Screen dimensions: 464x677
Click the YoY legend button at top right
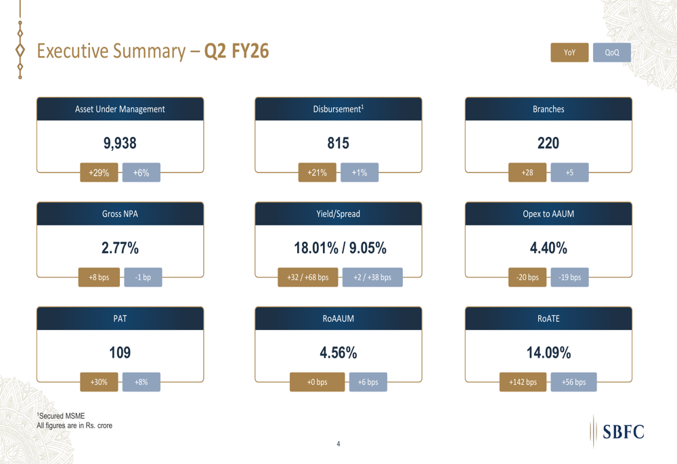[569, 53]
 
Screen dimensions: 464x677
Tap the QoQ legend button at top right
[611, 53]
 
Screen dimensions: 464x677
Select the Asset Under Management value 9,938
[120, 144]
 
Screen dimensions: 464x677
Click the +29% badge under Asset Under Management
[99, 173]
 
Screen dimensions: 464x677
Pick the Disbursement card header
[338, 109]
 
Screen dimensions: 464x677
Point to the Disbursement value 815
[338, 144]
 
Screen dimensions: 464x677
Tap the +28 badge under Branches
[527, 173]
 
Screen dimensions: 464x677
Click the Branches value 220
[548, 144]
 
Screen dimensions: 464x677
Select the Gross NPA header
[120, 214]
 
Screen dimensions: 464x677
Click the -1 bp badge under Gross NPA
[143, 278]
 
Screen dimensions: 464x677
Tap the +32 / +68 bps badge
[308, 278]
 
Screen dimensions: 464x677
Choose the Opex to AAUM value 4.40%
[548, 249]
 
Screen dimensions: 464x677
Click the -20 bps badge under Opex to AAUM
[527, 278]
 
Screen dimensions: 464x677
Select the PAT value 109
[120, 353]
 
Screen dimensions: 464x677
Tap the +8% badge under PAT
[141, 382]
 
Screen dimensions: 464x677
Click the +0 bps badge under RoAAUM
[317, 382]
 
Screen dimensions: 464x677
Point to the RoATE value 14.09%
[548, 353]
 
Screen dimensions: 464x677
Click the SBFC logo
[618, 431]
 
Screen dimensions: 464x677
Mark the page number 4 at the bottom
[338, 444]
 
